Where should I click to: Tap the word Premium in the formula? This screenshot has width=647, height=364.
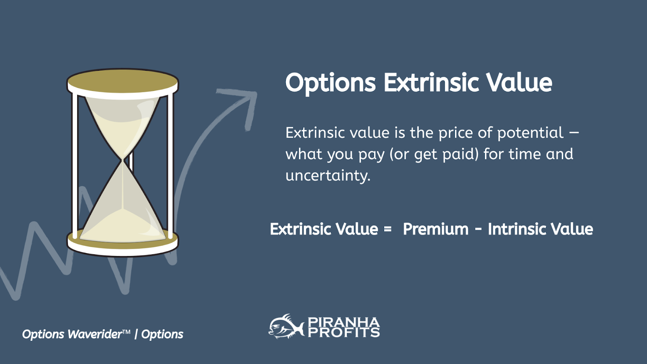436,229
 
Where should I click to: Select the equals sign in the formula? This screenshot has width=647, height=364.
388,229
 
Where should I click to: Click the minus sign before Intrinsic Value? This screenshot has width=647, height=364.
478,229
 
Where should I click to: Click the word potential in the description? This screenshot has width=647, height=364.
530,133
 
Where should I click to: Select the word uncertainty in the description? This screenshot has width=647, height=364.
328,176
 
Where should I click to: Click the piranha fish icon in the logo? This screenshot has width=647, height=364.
286,326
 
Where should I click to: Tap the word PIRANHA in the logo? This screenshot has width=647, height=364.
344,322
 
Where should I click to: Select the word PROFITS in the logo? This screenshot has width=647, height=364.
344,332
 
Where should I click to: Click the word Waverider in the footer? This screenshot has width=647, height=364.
95,334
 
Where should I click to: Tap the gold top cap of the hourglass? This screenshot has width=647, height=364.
123,81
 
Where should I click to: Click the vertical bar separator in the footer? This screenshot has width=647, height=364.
136,334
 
